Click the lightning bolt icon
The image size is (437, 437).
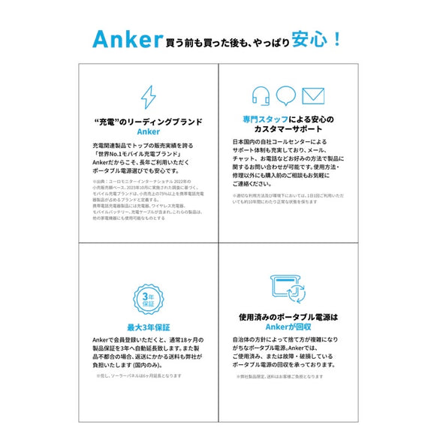click(149, 98)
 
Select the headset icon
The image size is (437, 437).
click(261, 95)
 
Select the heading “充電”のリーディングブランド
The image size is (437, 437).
click(149, 121)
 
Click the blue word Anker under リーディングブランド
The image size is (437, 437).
click(149, 131)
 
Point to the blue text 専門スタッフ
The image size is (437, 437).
click(264, 120)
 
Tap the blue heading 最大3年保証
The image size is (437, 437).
click(149, 327)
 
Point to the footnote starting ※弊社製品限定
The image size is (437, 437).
click(279, 376)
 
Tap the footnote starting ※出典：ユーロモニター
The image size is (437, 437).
click(143, 181)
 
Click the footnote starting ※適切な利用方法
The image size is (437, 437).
click(285, 196)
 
